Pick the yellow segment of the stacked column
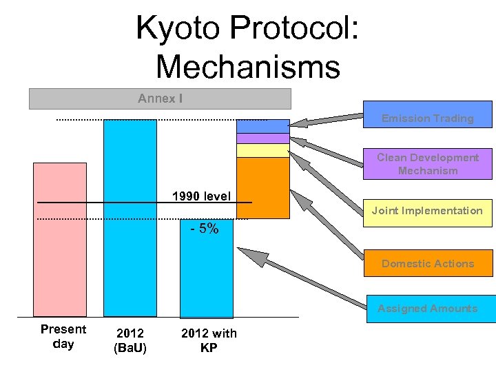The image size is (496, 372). tap(262, 150)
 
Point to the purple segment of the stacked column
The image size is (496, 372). tap(262, 138)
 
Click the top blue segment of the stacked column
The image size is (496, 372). tap(262, 126)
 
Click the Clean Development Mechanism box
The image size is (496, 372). tap(428, 164)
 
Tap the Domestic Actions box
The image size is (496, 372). tap(428, 262)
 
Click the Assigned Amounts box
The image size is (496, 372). tap(428, 308)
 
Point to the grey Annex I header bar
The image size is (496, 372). tap(160, 99)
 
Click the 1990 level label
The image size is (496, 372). tap(201, 196)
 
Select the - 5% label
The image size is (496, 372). tap(204, 229)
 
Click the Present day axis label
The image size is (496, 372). tap(63, 336)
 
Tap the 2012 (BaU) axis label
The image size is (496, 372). tap(130, 340)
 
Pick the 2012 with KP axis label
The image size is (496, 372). tap(209, 340)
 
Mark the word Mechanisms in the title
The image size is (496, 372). tap(248, 67)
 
